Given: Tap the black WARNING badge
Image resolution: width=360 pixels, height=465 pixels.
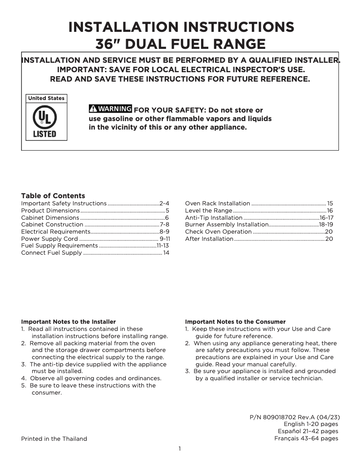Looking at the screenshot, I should [110, 109].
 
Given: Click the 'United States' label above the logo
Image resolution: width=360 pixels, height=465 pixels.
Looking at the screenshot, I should [46, 98].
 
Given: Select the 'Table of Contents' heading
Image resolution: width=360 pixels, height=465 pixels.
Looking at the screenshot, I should [53, 196].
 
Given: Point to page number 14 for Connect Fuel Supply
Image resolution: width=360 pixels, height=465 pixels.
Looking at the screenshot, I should [166, 253].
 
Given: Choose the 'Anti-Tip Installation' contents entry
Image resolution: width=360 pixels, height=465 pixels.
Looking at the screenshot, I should [214, 218].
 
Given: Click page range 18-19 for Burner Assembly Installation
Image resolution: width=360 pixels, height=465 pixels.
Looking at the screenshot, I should [326, 225].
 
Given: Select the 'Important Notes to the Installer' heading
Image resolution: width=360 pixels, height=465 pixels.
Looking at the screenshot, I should [69, 322].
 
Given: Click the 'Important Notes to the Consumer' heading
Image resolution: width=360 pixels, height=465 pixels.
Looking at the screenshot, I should [235, 322].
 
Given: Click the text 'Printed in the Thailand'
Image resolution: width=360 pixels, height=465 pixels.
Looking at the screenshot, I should [54, 439].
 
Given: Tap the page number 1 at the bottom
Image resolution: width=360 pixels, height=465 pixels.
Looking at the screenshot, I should [180, 449].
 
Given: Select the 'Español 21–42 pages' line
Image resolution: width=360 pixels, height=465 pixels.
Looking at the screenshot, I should [308, 431].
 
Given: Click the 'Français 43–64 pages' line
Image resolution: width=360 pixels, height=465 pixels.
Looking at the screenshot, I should [306, 439].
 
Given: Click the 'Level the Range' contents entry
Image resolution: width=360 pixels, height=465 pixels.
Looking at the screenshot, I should [209, 211].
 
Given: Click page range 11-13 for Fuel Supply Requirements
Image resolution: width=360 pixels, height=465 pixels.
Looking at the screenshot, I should [162, 246].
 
